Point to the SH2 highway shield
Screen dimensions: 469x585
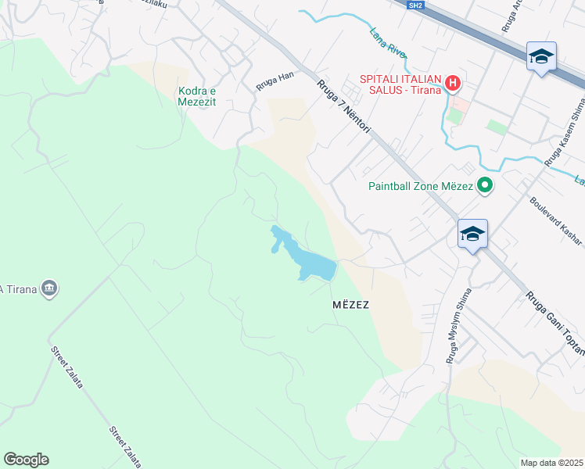click(415, 5)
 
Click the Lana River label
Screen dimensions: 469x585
click(388, 42)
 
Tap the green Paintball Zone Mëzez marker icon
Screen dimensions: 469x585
click(485, 186)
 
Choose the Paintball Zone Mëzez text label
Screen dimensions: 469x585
click(421, 186)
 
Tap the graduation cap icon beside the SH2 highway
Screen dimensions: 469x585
click(541, 56)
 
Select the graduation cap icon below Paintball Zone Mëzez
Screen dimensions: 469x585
click(472, 234)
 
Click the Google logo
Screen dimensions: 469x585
click(26, 460)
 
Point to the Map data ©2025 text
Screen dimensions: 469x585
click(551, 463)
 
